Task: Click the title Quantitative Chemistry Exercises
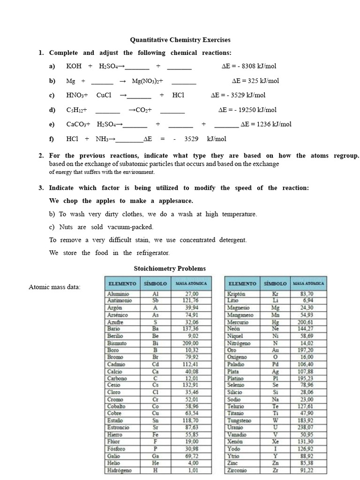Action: (180, 40)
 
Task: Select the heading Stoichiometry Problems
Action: (170, 269)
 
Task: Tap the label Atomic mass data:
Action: (54, 287)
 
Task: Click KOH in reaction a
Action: (74, 67)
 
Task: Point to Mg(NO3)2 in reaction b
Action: (147, 81)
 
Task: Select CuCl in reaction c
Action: (104, 95)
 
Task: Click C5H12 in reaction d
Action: (76, 110)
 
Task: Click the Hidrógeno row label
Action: (120, 470)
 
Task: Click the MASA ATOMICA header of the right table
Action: (308, 284)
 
